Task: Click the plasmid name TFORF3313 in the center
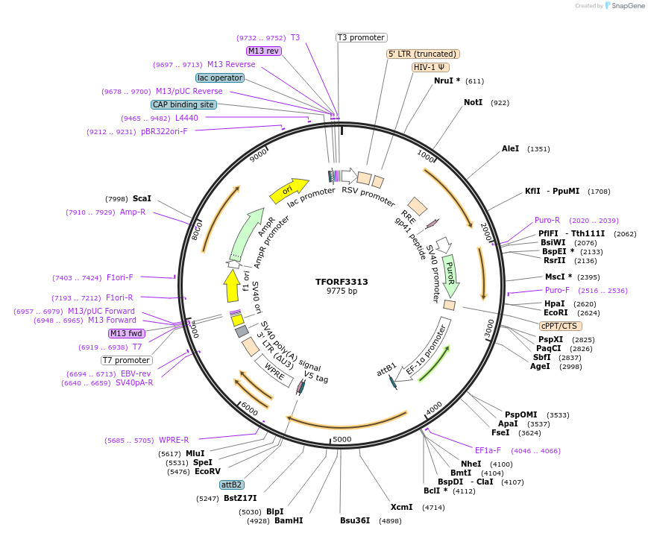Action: point(342,282)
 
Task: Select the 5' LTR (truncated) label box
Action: point(423,54)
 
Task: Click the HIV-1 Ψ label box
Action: point(431,67)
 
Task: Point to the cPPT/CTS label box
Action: point(561,326)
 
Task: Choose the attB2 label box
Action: point(231,485)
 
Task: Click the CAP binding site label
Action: point(183,105)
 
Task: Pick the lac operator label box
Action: point(220,78)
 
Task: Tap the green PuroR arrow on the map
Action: point(450,274)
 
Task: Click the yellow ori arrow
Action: point(288,191)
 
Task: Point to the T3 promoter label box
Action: point(361,37)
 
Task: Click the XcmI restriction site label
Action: point(401,508)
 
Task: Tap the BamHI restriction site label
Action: point(289,520)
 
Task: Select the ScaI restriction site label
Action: point(142,199)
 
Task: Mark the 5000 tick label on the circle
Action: point(342,439)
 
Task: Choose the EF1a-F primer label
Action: point(488,450)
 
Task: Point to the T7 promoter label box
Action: point(127,361)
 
